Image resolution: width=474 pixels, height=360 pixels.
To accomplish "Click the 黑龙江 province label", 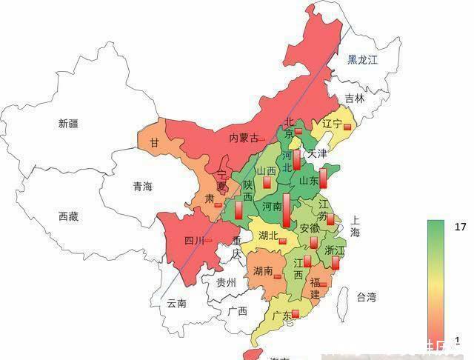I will (x=363, y=60).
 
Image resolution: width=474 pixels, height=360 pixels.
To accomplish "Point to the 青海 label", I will (x=142, y=187).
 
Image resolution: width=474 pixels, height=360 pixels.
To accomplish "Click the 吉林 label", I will (x=355, y=98).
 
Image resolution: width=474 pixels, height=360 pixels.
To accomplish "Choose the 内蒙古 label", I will (x=244, y=138).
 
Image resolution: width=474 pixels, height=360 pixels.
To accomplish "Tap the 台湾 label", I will (x=366, y=297).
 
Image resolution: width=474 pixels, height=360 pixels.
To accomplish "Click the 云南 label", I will (x=177, y=303).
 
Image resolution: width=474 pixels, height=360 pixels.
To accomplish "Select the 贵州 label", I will (x=225, y=282).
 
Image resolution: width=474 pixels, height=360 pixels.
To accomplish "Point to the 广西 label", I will (x=238, y=310).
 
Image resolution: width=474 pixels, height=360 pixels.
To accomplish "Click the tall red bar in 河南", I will (x=286, y=207).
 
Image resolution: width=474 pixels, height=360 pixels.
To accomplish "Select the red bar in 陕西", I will (x=238, y=209).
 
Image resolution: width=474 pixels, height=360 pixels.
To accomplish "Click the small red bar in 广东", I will (x=296, y=314).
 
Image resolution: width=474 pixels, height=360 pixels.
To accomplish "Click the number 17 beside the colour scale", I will (x=460, y=227).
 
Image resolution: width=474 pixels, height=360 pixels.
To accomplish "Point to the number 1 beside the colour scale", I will (x=457, y=340).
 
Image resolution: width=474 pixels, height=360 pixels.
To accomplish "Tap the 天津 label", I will (x=317, y=154).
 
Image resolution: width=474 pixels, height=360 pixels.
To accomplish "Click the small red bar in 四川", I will (x=208, y=241).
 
